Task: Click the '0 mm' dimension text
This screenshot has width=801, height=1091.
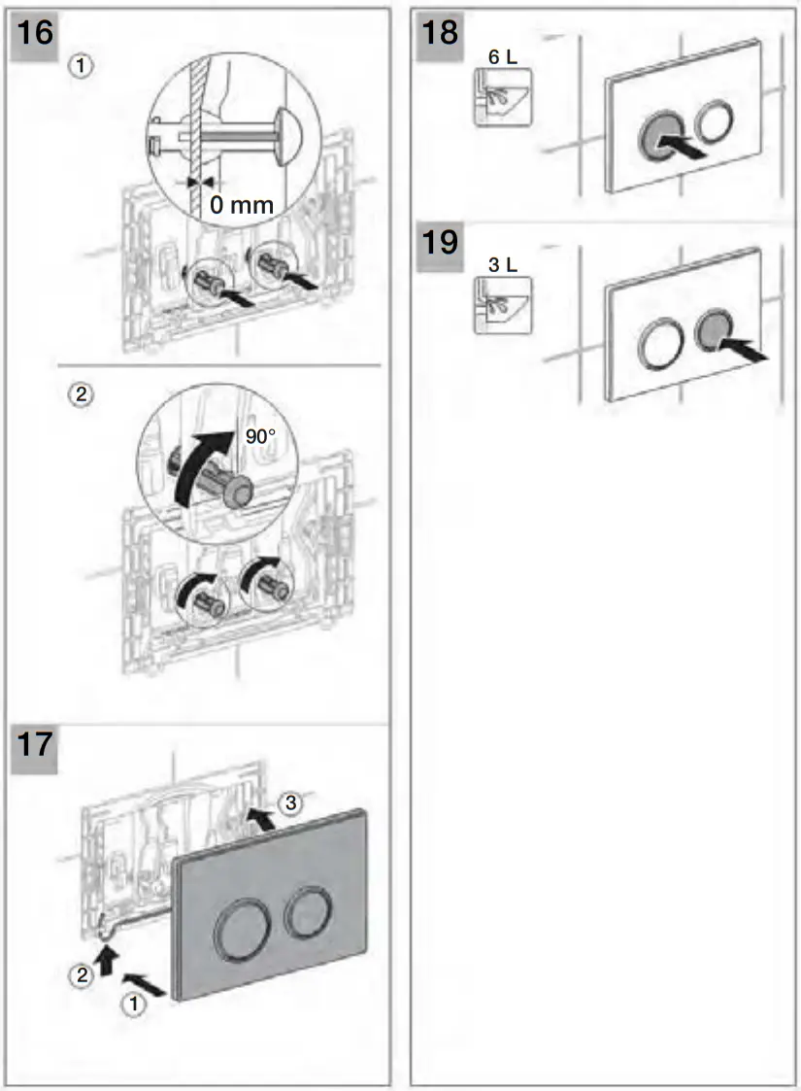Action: pyautogui.click(x=243, y=205)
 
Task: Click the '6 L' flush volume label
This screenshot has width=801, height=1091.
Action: pyautogui.click(x=502, y=58)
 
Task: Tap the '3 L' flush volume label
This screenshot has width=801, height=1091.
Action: pyautogui.click(x=502, y=263)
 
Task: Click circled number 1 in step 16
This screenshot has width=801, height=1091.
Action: pyautogui.click(x=84, y=66)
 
